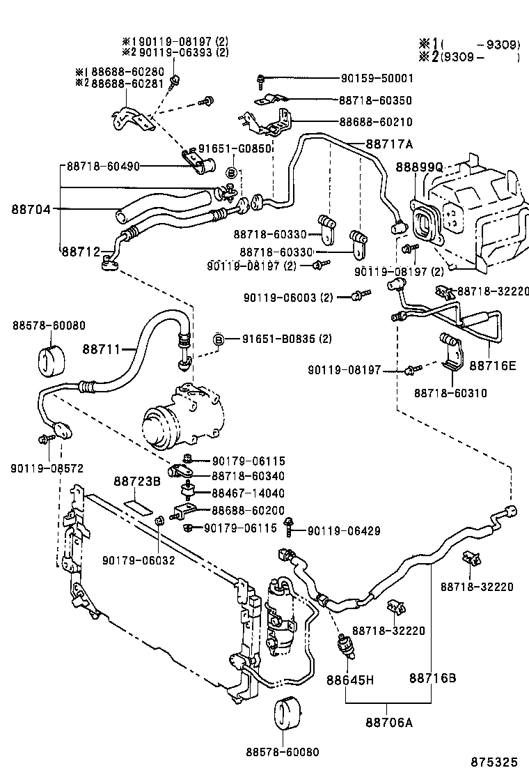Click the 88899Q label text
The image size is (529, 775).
tap(419, 167)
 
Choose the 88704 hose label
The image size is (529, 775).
tap(31, 208)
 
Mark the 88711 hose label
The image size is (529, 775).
tap(102, 348)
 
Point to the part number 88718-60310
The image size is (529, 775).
tap(450, 393)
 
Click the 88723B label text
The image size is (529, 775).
tap(137, 481)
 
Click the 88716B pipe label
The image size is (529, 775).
tap(432, 677)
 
